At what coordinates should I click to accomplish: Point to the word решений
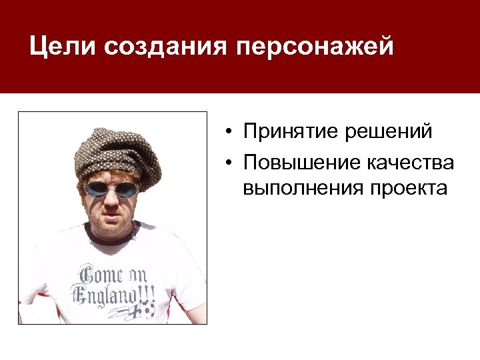(389, 131)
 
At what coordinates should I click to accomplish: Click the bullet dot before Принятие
(228, 132)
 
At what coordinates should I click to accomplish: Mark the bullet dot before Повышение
(228, 163)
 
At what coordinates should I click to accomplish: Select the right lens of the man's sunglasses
(127, 190)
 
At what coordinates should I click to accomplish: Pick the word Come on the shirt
(97, 274)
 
